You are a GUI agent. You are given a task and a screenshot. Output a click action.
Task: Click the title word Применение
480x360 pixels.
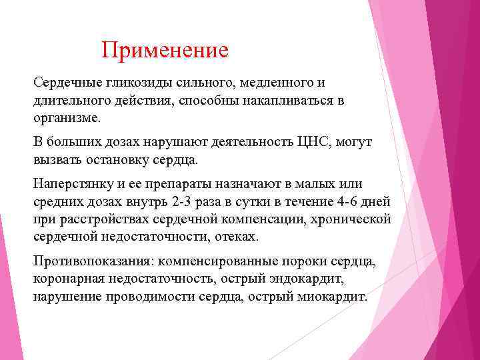(165, 50)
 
